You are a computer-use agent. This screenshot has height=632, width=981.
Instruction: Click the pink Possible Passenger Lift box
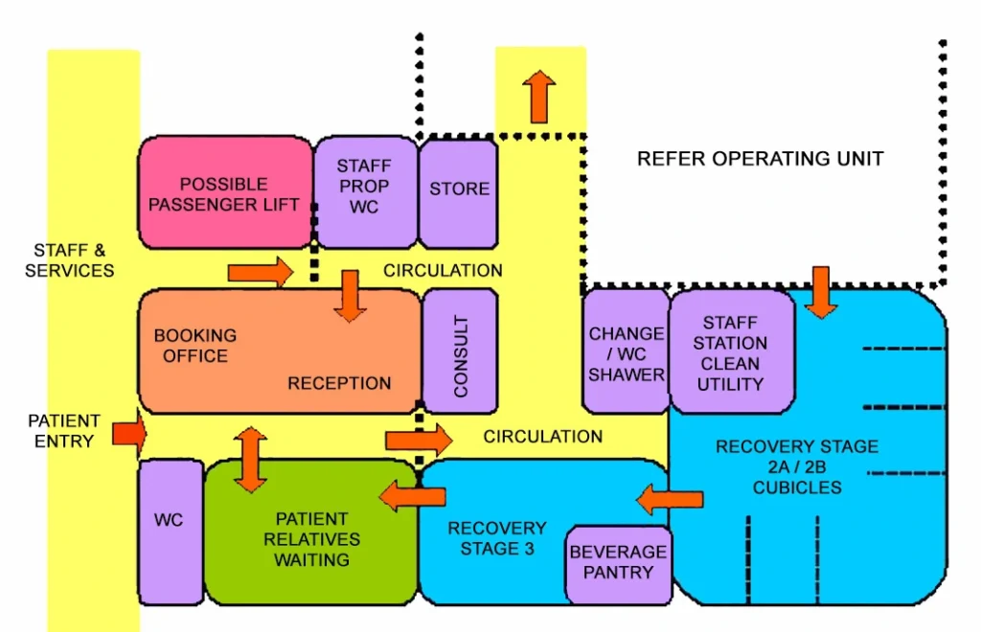(x=226, y=193)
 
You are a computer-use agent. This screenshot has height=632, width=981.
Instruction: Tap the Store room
(x=459, y=190)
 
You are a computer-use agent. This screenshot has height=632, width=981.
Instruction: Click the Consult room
(x=461, y=350)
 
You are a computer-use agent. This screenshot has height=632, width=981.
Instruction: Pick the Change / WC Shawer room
(x=626, y=353)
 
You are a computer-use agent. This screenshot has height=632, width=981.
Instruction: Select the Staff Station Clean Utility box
(x=732, y=353)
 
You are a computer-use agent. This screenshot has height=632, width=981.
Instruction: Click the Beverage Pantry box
(x=617, y=563)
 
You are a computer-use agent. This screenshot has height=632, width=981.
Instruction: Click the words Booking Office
(x=194, y=346)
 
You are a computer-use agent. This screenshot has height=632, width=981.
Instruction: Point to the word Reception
(x=339, y=383)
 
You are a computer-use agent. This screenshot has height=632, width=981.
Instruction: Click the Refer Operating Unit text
(x=760, y=158)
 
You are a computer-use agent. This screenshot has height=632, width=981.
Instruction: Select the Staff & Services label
(x=69, y=260)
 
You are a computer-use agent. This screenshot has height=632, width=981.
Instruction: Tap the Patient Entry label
(x=63, y=431)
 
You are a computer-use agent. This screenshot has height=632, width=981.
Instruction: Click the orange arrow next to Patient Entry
(x=129, y=434)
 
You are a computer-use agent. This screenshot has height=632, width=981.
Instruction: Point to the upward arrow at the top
(x=539, y=97)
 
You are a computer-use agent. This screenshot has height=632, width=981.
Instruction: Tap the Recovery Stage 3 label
(x=496, y=538)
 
